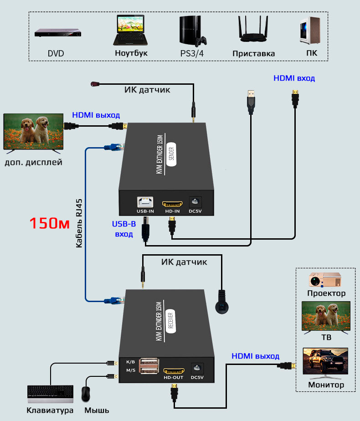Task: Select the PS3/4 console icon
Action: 192,31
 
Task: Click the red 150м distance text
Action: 49,223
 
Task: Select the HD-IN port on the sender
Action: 173,202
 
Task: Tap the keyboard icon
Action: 50,394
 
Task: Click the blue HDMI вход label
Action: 294,78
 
